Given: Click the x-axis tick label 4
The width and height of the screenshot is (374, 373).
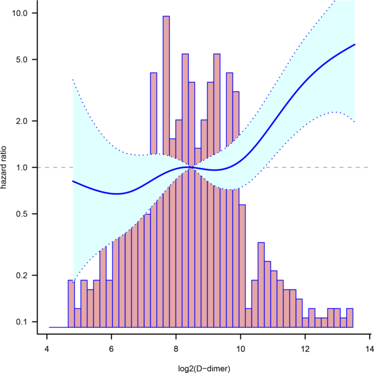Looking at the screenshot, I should click(47, 350).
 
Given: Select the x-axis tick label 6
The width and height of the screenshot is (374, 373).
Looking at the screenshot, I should click(111, 350).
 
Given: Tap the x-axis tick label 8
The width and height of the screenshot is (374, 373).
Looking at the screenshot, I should click(176, 350).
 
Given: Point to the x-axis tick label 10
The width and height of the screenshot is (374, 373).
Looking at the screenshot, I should click(240, 350).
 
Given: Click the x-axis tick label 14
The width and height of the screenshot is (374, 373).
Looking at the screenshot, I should click(369, 350).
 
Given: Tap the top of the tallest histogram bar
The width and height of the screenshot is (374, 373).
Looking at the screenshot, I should click(166, 16).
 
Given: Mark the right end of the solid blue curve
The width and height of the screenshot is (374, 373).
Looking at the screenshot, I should click(355, 44).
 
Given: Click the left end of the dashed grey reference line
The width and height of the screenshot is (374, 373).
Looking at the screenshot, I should click(45, 167).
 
